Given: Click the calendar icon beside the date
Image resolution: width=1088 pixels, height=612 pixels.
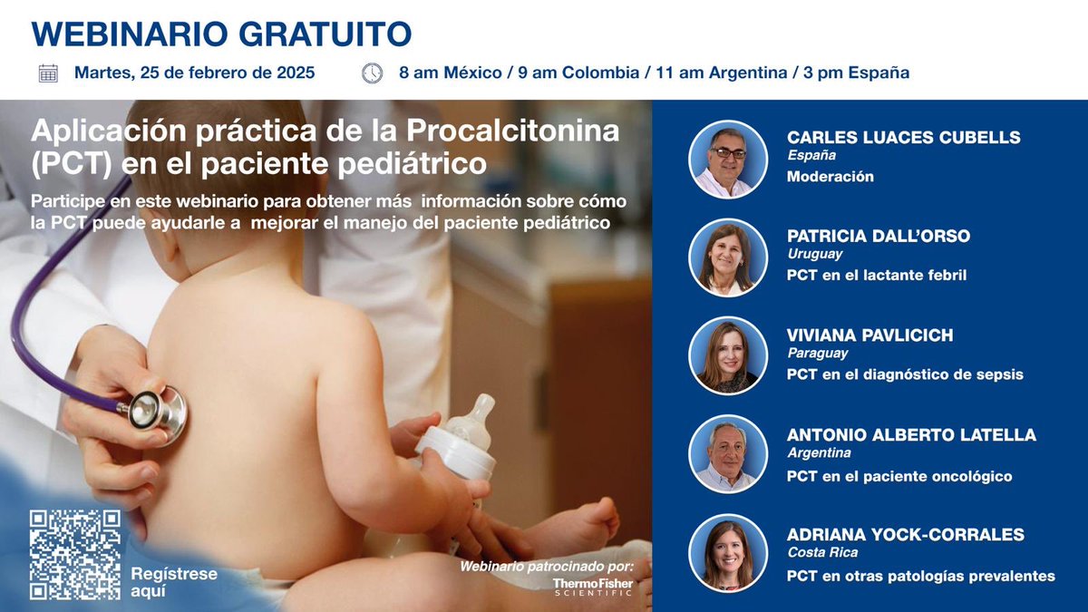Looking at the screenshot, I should pos(48,73).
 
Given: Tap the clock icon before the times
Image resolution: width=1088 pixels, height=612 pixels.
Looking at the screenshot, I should pos(372,73).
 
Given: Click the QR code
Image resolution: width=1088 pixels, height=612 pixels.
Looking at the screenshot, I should pos(74,555).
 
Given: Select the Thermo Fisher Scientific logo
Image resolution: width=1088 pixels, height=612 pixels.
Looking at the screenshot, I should pos(593,587).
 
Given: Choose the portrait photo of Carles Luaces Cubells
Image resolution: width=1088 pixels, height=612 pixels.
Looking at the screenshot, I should pos(728,160).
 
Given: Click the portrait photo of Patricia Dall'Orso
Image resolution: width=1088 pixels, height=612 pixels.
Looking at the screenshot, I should pos(728,258).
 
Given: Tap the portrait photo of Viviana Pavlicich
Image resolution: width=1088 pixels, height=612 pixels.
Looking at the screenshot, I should pos(728,356).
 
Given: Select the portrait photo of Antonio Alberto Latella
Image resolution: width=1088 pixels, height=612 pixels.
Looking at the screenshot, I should pos(728,454).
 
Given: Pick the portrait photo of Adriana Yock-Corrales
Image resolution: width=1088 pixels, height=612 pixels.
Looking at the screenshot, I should pos(728,552).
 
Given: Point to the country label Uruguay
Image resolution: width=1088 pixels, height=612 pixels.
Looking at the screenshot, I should pos(815,255).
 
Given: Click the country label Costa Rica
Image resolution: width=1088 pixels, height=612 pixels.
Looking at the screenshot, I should pos(822,552).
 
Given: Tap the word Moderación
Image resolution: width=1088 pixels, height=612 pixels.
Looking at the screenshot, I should pos(831,177).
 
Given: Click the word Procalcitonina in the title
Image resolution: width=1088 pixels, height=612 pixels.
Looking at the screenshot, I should pos(513,131).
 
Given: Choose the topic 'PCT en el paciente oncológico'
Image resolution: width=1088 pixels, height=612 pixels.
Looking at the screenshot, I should pos(899,476).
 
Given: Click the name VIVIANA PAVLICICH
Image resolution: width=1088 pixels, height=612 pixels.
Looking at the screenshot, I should pos(870,335).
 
